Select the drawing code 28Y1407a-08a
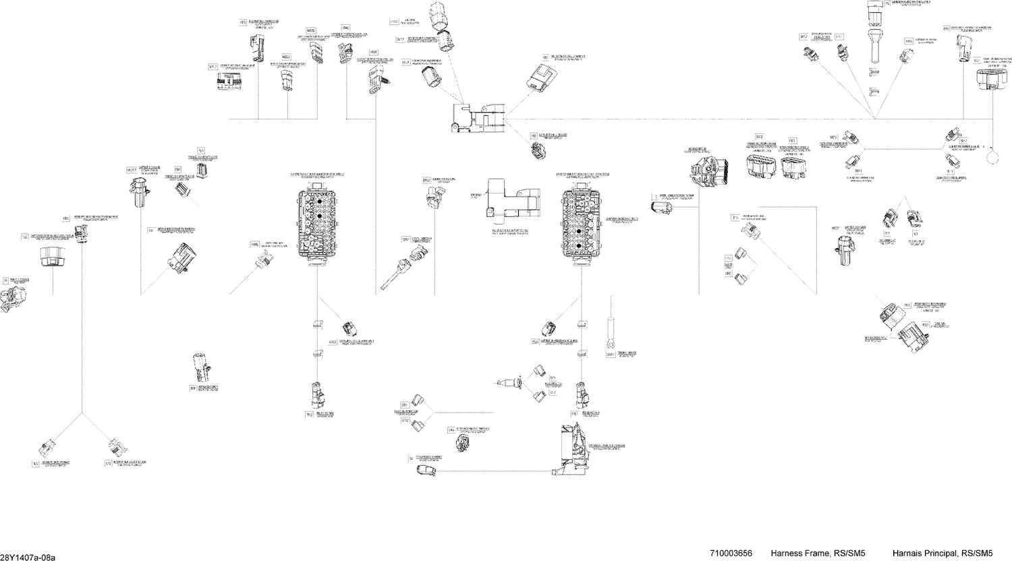pos(28,558)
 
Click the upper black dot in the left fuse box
pos(316,202)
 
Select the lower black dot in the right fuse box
pos(579,247)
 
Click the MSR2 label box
pos(310,30)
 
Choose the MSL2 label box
pos(286,57)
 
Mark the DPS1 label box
pos(406,239)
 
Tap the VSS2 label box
pos(333,342)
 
